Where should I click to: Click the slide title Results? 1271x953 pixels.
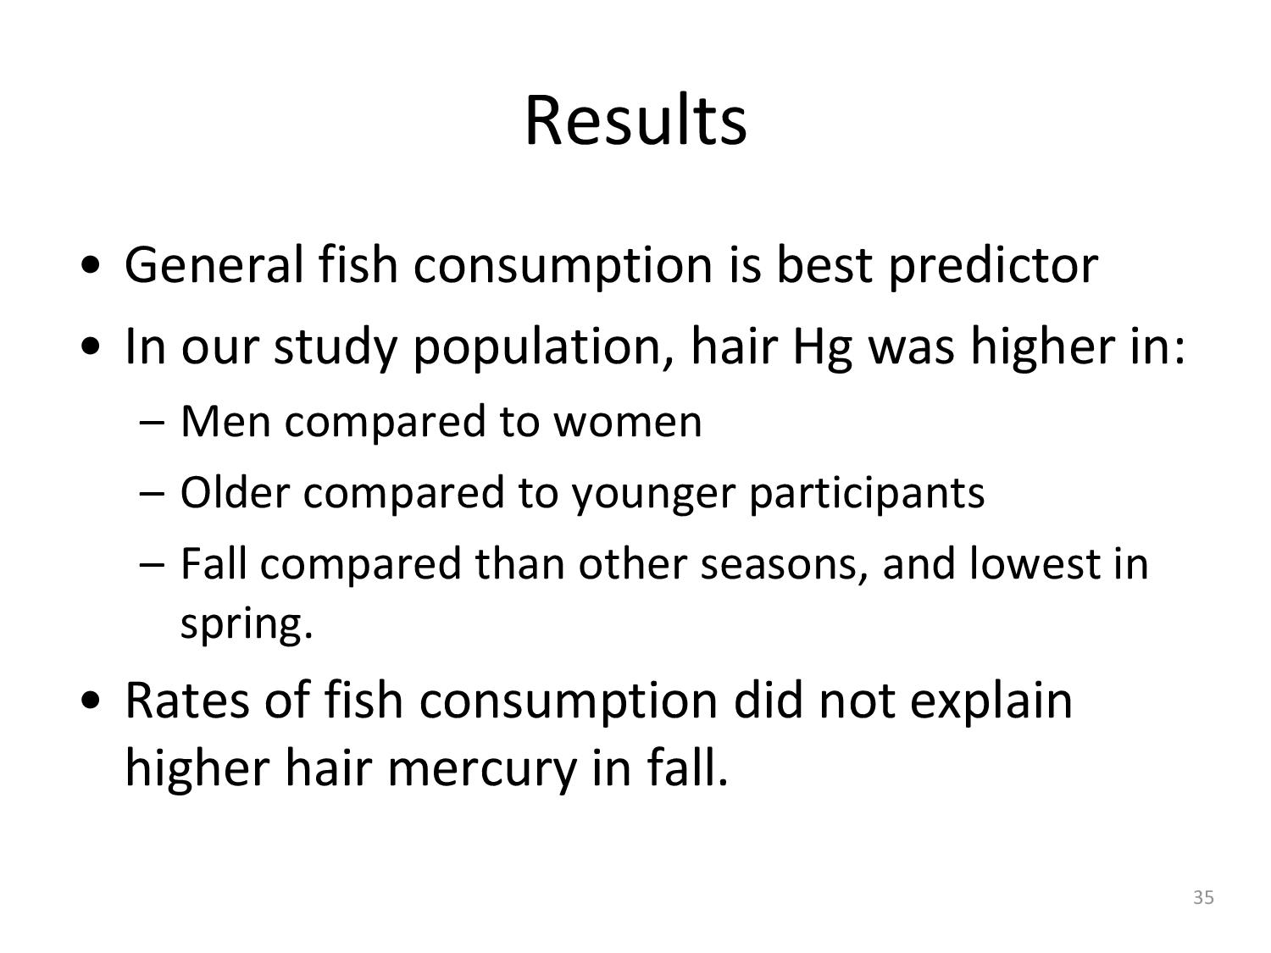[x=635, y=120]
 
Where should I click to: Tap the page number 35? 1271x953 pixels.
[x=1203, y=897]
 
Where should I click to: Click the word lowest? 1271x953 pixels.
[x=1035, y=563]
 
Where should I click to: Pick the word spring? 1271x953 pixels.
[x=247, y=625]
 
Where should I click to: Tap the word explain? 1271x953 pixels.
[x=991, y=704]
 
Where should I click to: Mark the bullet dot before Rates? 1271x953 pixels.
[x=92, y=702]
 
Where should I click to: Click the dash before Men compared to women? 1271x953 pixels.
[x=153, y=424]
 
